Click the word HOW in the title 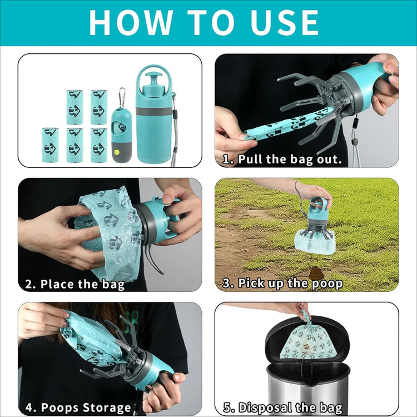[131, 22]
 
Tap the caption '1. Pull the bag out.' [282, 159]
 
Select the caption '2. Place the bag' [75, 284]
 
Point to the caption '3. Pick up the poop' [282, 283]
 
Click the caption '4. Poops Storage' [78, 408]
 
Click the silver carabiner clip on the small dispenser [122, 96]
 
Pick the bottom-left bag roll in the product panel [50, 145]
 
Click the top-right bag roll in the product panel [99, 107]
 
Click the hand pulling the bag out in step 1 [231, 129]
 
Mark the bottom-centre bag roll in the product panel [75, 145]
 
